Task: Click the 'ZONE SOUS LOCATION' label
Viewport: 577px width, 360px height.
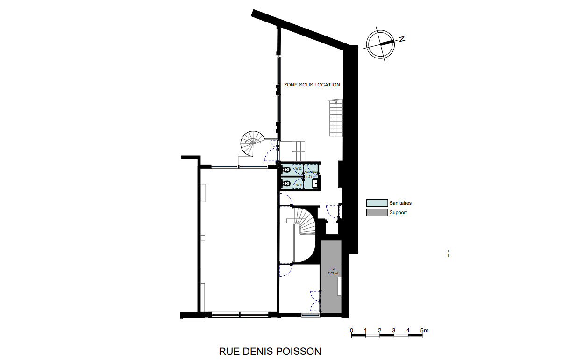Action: click(312, 85)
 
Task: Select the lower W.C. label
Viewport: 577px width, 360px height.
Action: click(299, 185)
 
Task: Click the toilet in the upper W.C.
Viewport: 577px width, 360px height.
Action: click(286, 169)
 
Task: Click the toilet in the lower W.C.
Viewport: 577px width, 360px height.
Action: click(286, 183)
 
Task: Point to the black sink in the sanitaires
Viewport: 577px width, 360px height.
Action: click(316, 183)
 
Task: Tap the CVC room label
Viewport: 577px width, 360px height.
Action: click(333, 269)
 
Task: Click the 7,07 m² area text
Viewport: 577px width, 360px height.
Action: click(333, 274)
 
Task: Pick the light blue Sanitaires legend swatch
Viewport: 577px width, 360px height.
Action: click(377, 203)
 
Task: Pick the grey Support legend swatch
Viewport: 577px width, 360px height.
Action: click(377, 212)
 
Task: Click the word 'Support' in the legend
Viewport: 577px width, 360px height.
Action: click(398, 212)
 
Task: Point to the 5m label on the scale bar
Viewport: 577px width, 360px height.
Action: click(424, 331)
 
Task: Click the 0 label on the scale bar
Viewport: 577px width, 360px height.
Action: click(351, 331)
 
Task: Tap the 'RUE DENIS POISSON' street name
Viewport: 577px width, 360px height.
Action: click(270, 351)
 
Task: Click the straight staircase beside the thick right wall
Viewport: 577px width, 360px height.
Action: click(335, 118)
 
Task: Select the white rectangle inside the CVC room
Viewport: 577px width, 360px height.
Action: click(340, 286)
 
